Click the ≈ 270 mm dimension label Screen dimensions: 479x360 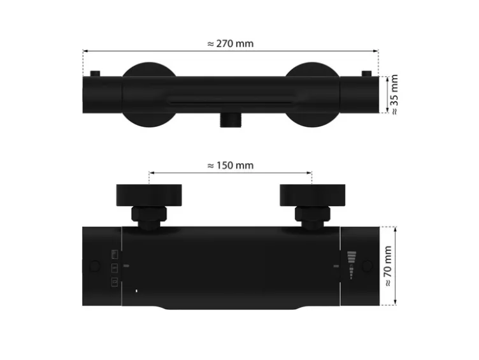point(231,44)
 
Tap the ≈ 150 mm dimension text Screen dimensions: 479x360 point(231,165)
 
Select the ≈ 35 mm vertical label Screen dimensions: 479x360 point(394,94)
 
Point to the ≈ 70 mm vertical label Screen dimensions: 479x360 point(387,266)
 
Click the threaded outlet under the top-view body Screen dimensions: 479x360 point(231,120)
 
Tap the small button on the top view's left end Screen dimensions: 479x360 point(95,74)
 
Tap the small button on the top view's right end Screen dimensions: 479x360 point(367,74)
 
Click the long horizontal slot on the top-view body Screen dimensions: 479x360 point(231,103)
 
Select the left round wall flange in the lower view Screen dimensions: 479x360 point(149,195)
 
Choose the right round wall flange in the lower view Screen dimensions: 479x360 point(313,195)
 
